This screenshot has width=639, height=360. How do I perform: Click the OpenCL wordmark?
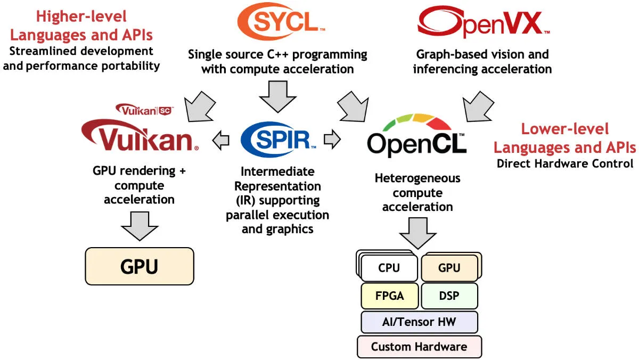coord(417,144)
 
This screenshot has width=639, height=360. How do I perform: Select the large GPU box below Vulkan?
coord(140,266)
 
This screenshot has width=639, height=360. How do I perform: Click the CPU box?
coord(389,267)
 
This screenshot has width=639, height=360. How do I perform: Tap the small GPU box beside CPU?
coord(449,267)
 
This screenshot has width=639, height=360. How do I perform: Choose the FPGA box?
coord(389,296)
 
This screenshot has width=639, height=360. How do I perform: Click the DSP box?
coord(449,296)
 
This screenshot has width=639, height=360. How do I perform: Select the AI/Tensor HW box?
coord(419,322)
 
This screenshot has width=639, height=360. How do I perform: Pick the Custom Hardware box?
coord(419,347)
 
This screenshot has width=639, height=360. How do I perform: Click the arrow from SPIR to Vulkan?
coord(220,140)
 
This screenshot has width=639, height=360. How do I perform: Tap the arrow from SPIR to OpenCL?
coord(332,140)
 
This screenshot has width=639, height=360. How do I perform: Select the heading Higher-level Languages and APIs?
coord(81,26)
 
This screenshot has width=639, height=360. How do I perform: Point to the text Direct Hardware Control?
coord(565,163)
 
